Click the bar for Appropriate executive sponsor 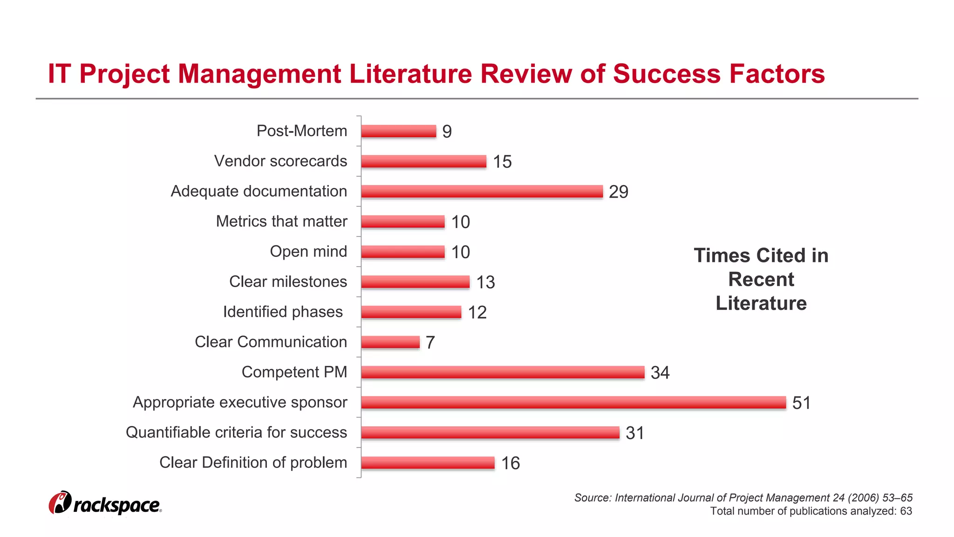point(573,402)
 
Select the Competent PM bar point(502,372)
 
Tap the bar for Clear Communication point(390,342)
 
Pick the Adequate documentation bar point(482,191)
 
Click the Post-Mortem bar point(398,131)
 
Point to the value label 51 point(801,403)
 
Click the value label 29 point(618,192)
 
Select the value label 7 point(430,343)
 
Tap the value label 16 point(510,463)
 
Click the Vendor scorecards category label point(280,161)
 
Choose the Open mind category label point(308,251)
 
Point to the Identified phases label point(283,311)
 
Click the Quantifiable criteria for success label point(236,432)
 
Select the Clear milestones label point(288,282)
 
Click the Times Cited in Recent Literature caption point(761,279)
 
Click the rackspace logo point(105,503)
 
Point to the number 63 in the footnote point(906,511)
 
